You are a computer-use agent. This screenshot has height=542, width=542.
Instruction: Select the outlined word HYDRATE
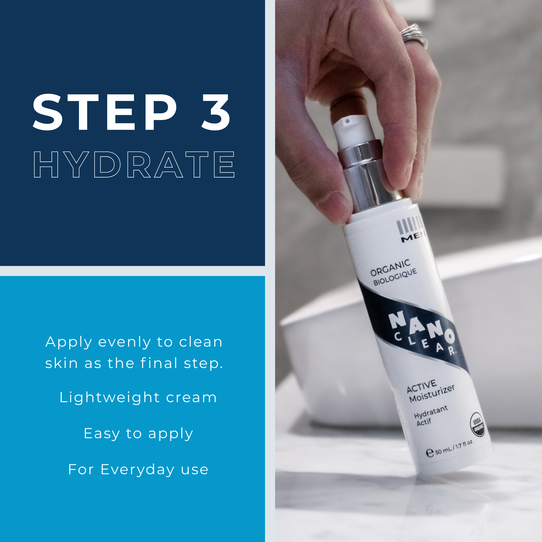[x=134, y=165]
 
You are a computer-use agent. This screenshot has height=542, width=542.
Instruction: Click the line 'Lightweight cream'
[x=138, y=398]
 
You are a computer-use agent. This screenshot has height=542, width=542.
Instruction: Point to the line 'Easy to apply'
[x=138, y=434]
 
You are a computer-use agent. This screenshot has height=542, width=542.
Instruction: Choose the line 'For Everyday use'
[x=138, y=470]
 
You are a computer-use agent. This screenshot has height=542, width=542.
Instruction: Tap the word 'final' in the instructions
[x=159, y=363]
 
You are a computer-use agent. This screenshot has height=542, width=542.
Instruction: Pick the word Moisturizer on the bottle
[x=432, y=394]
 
